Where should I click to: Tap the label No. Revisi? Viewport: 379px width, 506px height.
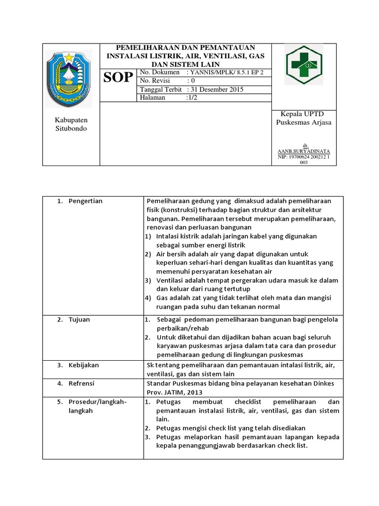pos(157,81)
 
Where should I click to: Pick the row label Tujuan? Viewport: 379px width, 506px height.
pos(79,319)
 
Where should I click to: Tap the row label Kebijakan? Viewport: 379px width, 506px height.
pos(84,365)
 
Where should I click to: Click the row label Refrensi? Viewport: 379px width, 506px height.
pos(81,383)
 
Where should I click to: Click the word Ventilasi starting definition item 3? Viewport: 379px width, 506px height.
pos(170,280)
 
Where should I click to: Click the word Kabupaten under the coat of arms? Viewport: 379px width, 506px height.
pos(70,120)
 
